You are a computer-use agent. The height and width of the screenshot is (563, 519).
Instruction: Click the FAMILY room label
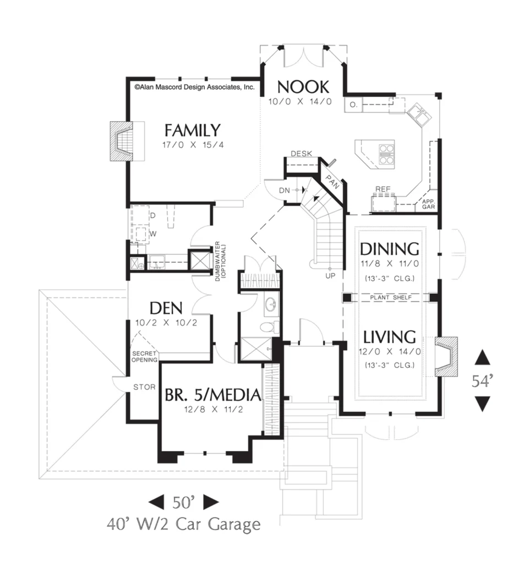click(192, 130)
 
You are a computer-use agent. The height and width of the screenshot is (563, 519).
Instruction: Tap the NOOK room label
click(303, 87)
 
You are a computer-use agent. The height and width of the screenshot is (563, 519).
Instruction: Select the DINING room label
click(389, 249)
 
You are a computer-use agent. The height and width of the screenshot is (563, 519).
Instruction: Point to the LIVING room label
click(389, 337)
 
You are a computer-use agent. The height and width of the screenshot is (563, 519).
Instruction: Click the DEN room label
click(166, 308)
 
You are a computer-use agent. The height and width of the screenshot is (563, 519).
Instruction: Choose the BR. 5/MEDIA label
click(213, 395)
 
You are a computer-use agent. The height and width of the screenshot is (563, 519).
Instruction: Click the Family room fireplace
click(122, 141)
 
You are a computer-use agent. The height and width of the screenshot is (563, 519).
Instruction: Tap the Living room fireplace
click(446, 356)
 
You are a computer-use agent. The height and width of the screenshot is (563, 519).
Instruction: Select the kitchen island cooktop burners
click(386, 154)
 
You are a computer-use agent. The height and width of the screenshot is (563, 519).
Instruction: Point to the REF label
click(383, 189)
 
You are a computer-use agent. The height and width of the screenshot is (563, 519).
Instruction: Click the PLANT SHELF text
click(391, 297)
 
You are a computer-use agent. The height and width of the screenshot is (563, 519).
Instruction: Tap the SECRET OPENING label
click(145, 356)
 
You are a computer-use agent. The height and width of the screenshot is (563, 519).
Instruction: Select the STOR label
click(145, 387)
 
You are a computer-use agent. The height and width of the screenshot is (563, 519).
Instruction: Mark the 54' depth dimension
click(482, 380)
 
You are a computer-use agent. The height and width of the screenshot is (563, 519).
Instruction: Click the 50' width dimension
click(183, 502)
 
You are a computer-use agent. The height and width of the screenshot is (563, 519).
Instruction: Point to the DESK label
click(301, 154)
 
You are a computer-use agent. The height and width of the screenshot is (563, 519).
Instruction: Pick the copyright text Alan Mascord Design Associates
click(194, 87)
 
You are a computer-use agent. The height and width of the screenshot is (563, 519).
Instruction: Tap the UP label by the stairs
click(330, 275)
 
